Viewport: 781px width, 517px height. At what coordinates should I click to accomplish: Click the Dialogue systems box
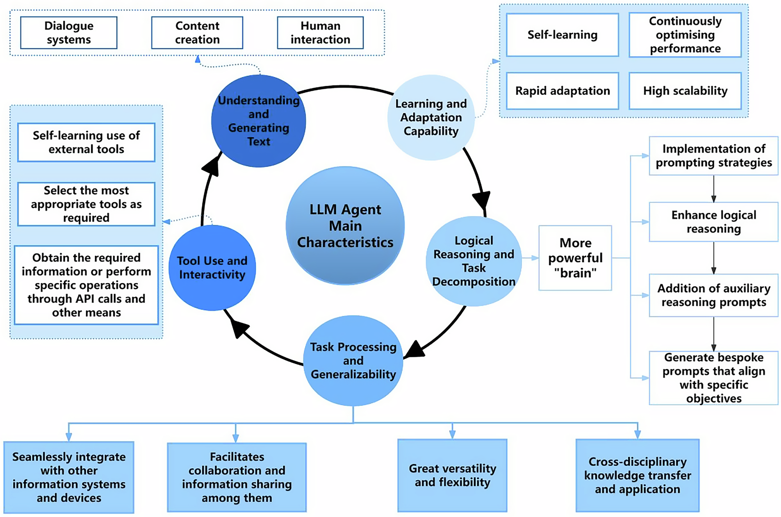[69, 33]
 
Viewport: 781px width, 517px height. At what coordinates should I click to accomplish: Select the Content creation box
[197, 33]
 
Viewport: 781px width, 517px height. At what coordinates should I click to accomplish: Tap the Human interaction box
[320, 33]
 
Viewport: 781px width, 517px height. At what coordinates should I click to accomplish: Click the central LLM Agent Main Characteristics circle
[345, 226]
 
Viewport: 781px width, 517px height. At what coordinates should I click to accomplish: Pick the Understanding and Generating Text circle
[259, 121]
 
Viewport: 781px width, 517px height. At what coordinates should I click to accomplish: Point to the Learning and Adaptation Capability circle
[431, 118]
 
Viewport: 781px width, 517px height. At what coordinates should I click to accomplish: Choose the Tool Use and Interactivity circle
[212, 268]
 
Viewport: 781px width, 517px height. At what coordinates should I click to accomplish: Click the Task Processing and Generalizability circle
[353, 361]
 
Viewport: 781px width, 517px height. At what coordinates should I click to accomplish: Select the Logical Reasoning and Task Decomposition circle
[474, 261]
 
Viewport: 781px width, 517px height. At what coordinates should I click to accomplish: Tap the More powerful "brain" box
[575, 258]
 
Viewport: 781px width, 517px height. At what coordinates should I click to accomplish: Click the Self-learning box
[562, 35]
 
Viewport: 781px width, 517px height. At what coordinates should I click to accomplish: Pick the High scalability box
[685, 91]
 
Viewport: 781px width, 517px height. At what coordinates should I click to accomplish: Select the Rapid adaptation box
[562, 91]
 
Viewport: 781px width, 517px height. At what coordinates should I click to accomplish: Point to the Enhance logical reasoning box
[713, 222]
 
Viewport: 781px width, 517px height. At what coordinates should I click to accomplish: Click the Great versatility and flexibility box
[452, 475]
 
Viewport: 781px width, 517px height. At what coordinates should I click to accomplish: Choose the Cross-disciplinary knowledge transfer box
[637, 475]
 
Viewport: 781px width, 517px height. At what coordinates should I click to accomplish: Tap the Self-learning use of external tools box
[86, 143]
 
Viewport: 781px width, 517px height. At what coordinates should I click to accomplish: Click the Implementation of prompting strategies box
[713, 156]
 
